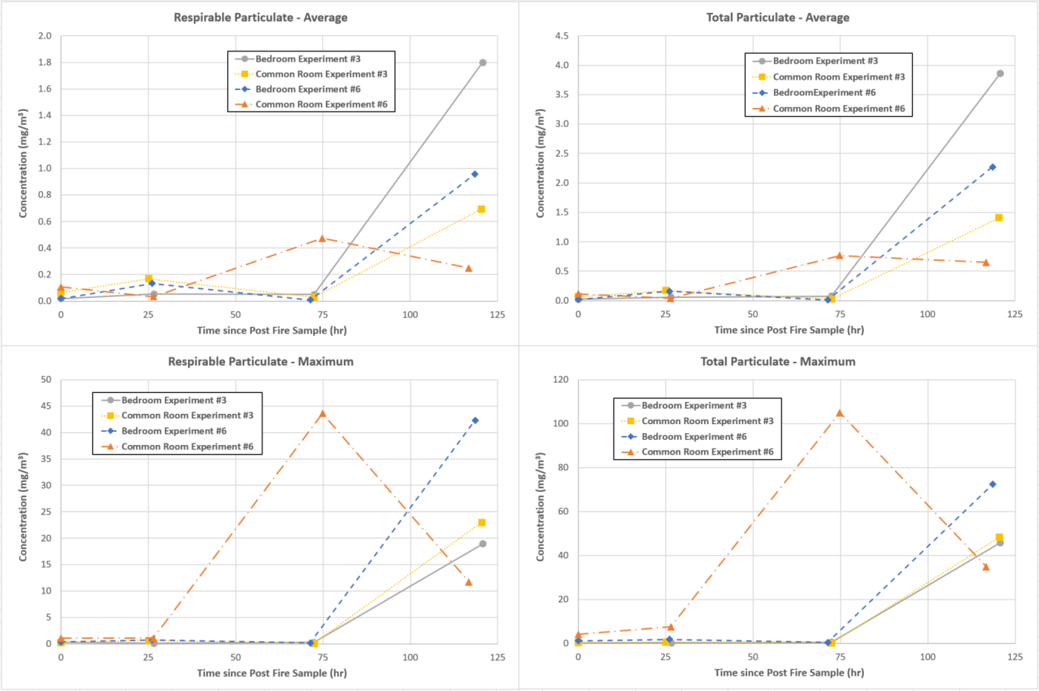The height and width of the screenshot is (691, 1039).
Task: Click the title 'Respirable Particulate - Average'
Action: (x=260, y=18)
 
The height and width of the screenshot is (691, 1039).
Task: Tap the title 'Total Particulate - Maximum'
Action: (x=778, y=362)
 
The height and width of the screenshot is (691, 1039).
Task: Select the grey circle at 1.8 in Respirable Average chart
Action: (x=482, y=63)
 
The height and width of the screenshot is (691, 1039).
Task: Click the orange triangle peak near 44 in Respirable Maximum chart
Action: (x=323, y=413)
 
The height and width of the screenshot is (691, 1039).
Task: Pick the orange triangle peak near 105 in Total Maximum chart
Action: (x=840, y=413)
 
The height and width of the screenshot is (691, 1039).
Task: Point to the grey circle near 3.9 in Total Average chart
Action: (x=1000, y=74)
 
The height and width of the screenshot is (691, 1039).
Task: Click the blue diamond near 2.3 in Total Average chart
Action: (x=992, y=167)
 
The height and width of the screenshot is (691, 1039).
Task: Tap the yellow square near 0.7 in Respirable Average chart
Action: (x=481, y=209)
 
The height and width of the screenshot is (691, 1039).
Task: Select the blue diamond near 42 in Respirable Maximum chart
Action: (x=475, y=421)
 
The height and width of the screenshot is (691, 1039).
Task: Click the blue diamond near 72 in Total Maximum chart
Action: (x=992, y=485)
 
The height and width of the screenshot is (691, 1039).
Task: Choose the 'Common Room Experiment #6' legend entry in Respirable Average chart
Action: (x=321, y=104)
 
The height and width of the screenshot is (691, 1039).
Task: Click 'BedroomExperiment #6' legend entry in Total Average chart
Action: (x=824, y=93)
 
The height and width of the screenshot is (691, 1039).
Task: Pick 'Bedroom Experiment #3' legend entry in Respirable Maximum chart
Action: (x=174, y=400)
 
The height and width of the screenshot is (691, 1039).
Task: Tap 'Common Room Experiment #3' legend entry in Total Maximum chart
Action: (x=708, y=421)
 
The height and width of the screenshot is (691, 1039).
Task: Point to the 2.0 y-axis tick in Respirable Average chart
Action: (x=45, y=36)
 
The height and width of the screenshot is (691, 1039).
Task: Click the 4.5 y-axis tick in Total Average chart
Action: (x=562, y=36)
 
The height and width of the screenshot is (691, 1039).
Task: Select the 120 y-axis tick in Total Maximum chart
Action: (x=561, y=380)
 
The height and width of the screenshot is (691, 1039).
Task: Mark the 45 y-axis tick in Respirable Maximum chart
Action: (x=46, y=406)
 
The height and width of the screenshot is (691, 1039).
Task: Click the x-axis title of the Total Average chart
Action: (x=789, y=330)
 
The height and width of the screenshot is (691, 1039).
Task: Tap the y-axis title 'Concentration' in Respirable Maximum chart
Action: (x=23, y=507)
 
